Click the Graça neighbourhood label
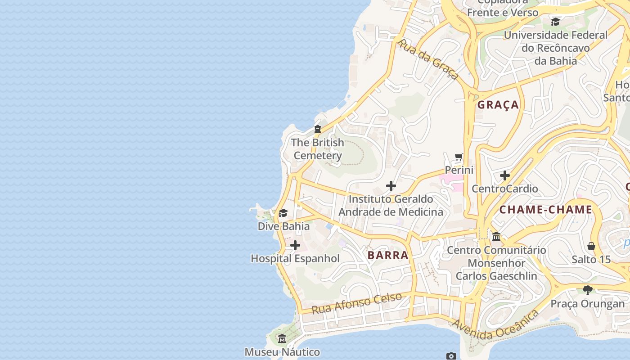(498, 105)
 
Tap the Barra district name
(388, 256)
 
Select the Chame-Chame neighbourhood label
(545, 210)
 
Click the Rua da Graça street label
(429, 59)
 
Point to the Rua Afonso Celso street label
(356, 303)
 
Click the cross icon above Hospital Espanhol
(295, 245)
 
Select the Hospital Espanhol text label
(295, 258)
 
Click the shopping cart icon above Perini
(459, 157)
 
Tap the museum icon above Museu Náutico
(282, 338)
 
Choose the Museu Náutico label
(282, 352)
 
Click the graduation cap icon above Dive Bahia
(283, 213)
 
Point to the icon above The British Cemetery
(318, 129)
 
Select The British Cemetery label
(317, 149)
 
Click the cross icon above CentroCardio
(504, 175)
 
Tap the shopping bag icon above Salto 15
(591, 246)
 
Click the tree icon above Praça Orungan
(587, 290)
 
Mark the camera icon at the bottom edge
(451, 356)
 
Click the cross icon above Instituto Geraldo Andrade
(391, 185)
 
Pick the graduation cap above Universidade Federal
(556, 22)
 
